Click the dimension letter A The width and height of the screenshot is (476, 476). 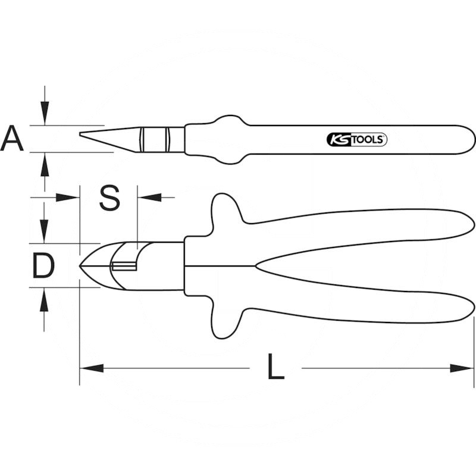12,139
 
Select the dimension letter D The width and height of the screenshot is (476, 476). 43,266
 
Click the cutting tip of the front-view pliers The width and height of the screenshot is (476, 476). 82,265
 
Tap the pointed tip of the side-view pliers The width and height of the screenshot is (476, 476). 82,134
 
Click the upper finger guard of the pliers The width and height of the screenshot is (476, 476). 223,208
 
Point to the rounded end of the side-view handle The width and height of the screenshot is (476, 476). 470,139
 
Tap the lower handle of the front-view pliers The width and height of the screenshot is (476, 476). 357,306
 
